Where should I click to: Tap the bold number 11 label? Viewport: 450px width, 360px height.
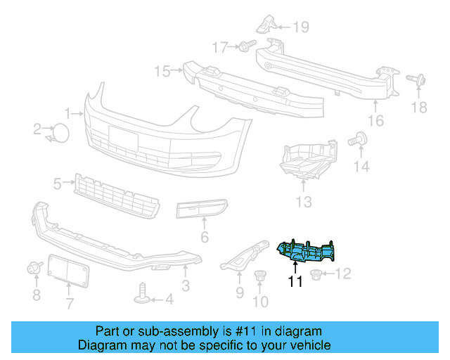(295, 283)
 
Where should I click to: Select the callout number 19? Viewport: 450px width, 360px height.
(301, 27)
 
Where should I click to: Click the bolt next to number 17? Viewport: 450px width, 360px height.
(245, 47)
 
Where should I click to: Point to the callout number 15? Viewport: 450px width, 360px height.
(162, 71)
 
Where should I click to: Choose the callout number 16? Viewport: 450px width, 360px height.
(377, 121)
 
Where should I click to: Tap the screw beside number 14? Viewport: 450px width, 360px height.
(359, 139)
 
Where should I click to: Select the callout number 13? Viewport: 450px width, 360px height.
(303, 202)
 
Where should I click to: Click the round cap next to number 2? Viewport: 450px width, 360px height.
(62, 131)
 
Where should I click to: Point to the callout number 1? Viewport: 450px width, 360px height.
(69, 112)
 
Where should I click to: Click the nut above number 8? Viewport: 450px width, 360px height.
(32, 268)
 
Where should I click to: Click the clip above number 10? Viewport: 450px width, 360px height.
(260, 278)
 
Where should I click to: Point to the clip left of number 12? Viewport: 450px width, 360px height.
(316, 274)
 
